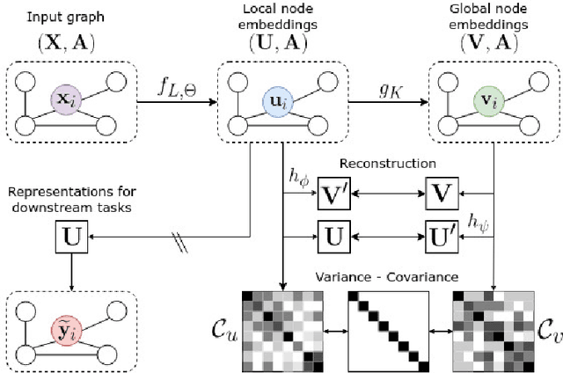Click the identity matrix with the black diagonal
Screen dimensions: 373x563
coord(387,325)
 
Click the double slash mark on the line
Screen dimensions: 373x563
coord(179,245)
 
